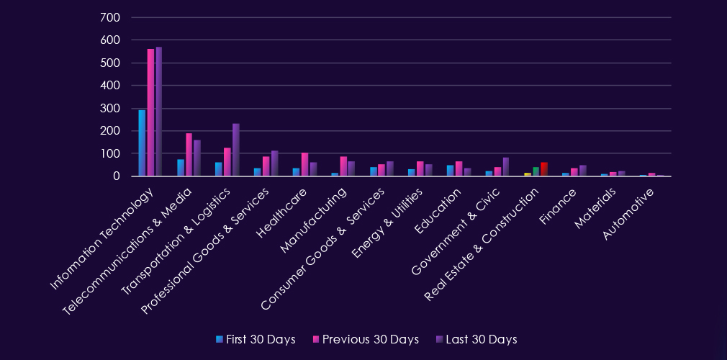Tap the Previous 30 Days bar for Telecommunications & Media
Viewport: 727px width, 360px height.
189,154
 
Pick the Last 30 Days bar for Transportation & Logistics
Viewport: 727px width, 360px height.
235,150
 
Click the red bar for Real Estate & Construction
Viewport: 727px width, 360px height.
544,169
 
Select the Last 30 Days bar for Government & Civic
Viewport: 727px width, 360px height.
506,166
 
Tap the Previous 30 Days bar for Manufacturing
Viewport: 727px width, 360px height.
343,166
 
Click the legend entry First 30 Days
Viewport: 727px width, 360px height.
255,339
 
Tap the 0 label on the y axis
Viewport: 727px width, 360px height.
116,176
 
